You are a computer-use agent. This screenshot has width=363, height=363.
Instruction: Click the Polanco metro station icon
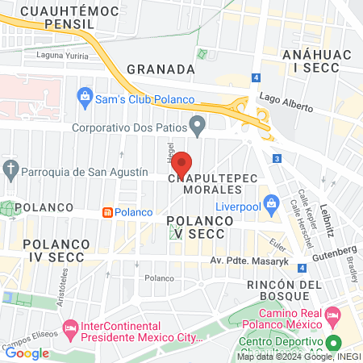(106, 212)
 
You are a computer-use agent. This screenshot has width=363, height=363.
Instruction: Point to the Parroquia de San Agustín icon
(10, 171)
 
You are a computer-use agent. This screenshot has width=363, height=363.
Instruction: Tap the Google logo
(27, 353)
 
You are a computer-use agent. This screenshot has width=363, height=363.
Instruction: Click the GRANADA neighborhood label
(161, 69)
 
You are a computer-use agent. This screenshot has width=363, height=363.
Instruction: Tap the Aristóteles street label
(61, 282)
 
